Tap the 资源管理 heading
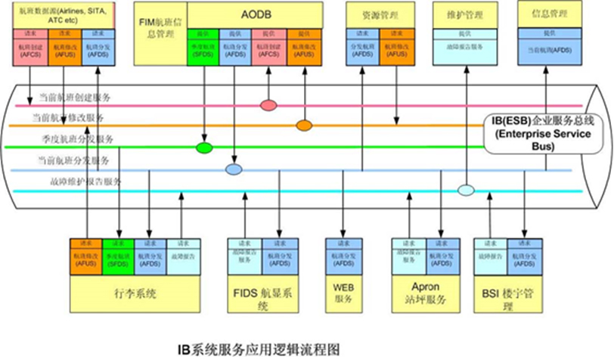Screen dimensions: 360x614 [x=375, y=14]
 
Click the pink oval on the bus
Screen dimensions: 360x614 [x=268, y=104]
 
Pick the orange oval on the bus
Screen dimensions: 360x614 [x=304, y=124]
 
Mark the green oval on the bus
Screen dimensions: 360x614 [x=203, y=147]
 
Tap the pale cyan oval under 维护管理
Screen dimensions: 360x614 [x=466, y=189]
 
